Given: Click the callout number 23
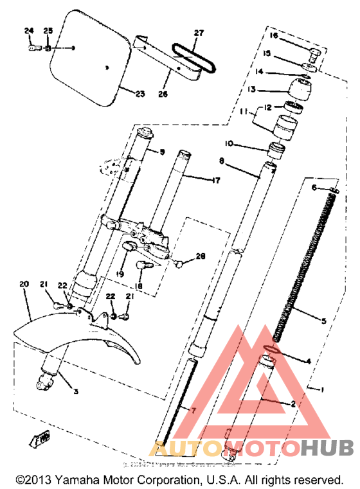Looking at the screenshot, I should tap(140, 94).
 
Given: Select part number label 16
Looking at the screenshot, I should tap(273, 35).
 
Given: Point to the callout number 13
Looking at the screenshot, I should tap(271, 89).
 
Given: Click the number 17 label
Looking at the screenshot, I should tap(215, 181).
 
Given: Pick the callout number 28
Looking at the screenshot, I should tap(200, 256).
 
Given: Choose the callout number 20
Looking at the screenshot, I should tap(24, 283).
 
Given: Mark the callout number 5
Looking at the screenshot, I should tap(324, 320).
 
